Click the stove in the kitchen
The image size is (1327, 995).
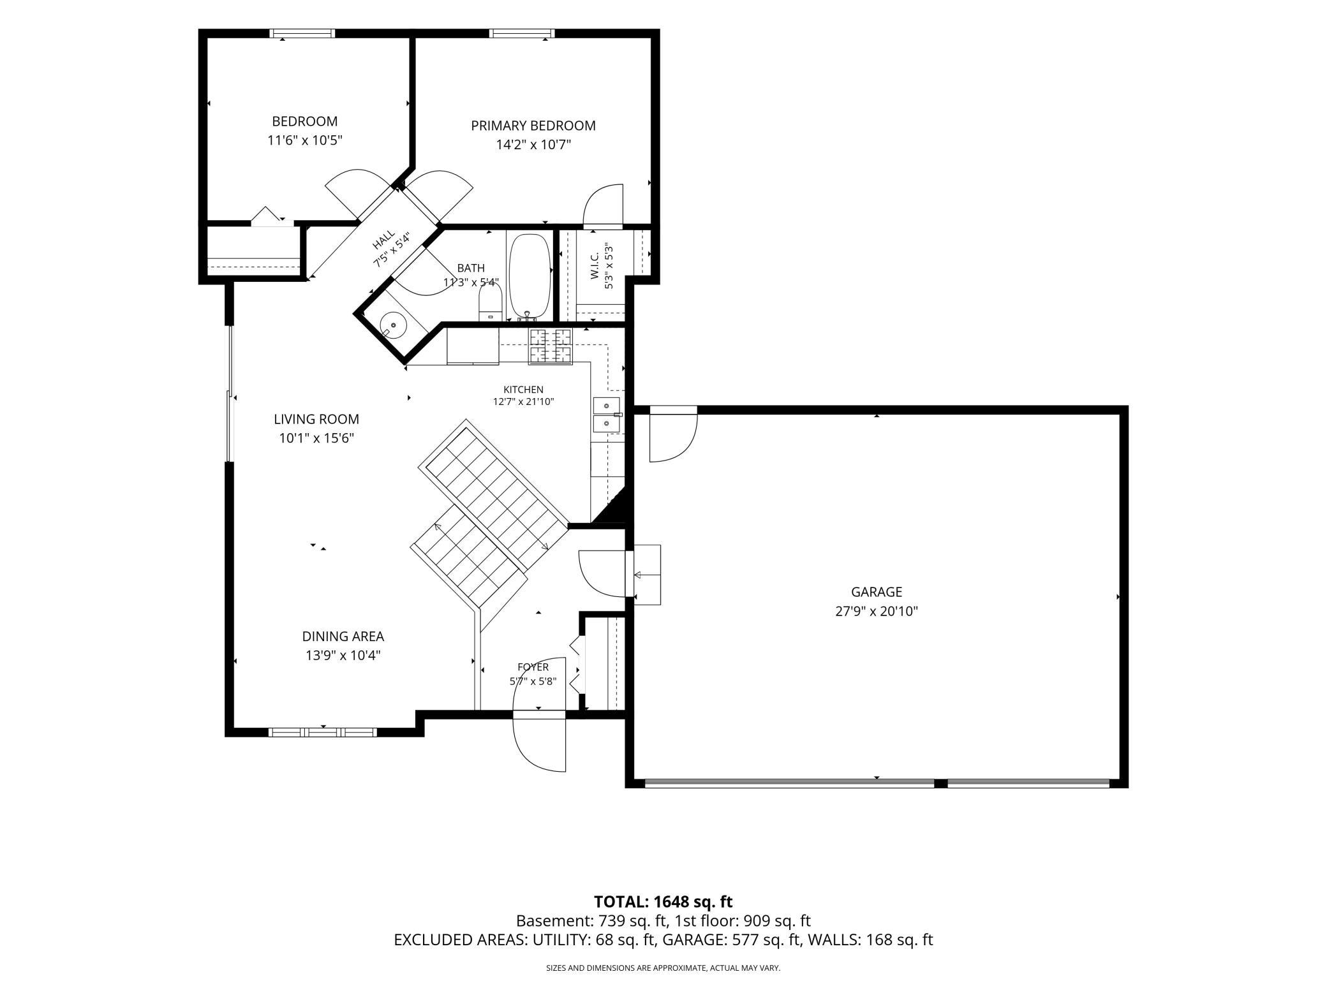point(550,346)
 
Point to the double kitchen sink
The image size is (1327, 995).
point(607,415)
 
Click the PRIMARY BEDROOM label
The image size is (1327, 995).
point(533,126)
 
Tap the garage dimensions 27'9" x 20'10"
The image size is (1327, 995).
point(877,611)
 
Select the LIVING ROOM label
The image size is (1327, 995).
point(316,419)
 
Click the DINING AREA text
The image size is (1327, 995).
point(343,636)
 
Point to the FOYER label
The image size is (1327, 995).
point(533,667)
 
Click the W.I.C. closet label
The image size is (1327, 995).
point(595,265)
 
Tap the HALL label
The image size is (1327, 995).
point(383,241)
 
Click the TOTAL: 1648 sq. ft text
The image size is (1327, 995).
point(663,901)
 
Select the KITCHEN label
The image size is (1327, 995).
point(523,390)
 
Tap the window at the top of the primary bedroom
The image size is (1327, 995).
point(522,33)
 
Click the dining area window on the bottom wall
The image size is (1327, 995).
point(323,732)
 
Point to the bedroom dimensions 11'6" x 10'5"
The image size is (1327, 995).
point(305,140)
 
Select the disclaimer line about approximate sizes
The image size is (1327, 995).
point(663,968)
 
